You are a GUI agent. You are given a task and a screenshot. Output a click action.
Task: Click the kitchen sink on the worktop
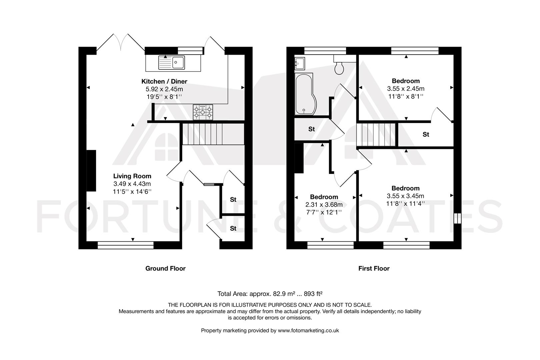coord(172,62)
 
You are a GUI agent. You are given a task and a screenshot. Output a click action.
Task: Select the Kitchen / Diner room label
coord(164,81)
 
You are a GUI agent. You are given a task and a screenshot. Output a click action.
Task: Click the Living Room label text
coord(132,176)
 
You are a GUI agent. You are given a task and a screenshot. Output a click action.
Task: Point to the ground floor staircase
coord(212,134)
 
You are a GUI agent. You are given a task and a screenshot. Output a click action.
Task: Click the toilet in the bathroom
coord(340,68)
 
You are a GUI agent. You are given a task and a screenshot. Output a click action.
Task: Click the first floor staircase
coord(376,135)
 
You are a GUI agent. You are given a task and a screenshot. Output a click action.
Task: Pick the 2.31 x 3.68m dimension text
coord(324,205)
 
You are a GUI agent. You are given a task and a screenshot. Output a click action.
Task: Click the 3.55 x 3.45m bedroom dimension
coord(406,196)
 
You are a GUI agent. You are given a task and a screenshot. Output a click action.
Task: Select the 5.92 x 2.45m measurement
coord(164,89)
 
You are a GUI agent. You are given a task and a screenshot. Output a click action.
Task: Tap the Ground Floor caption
coord(165,268)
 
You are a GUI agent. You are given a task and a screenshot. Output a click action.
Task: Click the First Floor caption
coord(374,268)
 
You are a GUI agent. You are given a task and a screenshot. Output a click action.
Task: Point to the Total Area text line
coord(270,294)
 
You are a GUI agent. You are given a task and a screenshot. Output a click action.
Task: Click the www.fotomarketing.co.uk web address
coord(308,330)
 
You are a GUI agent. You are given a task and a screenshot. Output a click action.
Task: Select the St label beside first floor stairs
coord(426,134)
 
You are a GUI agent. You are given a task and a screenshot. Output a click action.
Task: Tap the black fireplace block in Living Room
coord(91,171)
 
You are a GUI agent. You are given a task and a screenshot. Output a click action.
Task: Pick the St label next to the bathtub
coord(311,129)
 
